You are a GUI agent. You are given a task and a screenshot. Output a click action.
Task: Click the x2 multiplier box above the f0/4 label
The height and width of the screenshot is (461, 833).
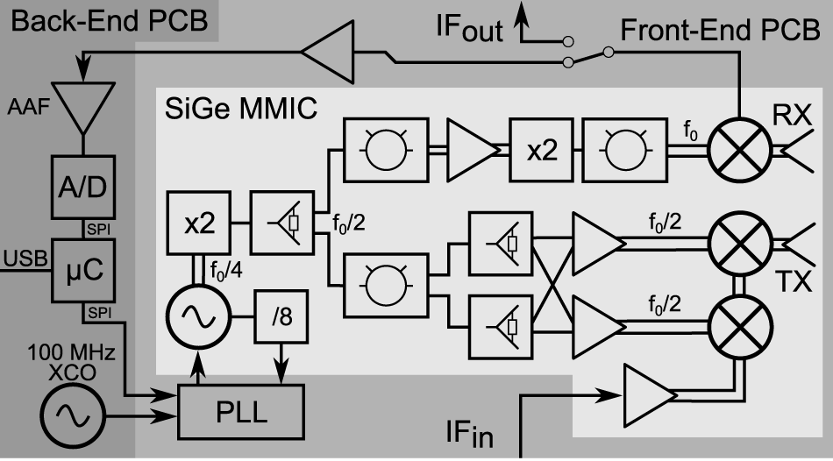[199, 224]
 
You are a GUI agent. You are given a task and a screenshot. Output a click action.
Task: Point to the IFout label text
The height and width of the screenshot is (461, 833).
[470, 29]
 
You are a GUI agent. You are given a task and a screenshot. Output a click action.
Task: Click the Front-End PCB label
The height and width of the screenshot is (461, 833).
[719, 31]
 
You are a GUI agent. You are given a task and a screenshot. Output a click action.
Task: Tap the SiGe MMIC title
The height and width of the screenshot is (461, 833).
[241, 110]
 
